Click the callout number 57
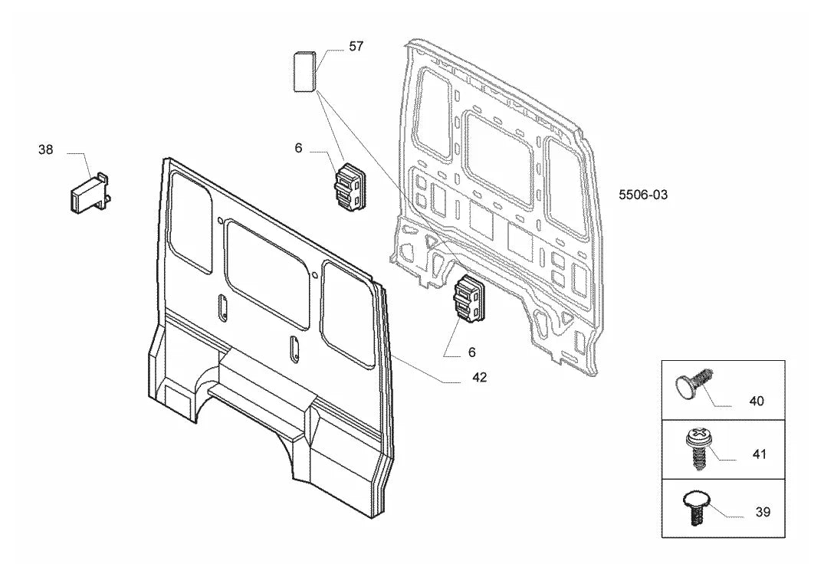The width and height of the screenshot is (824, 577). pyautogui.click(x=356, y=46)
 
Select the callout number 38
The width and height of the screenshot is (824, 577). pyautogui.click(x=46, y=149)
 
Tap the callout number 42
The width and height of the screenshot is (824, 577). pyautogui.click(x=479, y=377)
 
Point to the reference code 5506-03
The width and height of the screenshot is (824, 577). pyautogui.click(x=642, y=195)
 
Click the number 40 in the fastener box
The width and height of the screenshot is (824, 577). pyautogui.click(x=757, y=401)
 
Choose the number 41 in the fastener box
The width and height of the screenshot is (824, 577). pyautogui.click(x=760, y=454)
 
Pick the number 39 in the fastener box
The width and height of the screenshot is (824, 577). pyautogui.click(x=763, y=511)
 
